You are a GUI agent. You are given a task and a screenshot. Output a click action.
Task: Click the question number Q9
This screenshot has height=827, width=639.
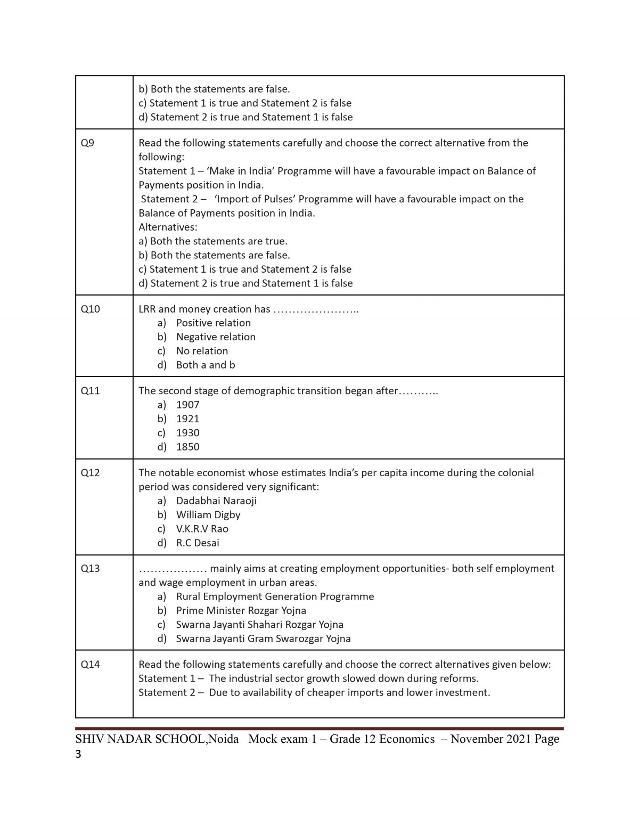87,143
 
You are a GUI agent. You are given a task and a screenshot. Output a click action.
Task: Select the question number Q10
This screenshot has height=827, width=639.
90,309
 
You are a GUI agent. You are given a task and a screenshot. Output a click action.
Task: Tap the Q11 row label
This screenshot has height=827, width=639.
90,390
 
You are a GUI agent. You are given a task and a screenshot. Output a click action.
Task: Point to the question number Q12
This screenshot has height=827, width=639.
90,472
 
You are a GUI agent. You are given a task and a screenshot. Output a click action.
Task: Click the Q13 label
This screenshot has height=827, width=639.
90,568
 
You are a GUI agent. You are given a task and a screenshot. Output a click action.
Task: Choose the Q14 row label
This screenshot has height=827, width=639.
90,664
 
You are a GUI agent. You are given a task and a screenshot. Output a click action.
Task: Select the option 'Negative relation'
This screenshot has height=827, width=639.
216,337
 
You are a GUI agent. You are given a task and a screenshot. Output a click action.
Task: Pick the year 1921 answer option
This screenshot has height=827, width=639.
187,419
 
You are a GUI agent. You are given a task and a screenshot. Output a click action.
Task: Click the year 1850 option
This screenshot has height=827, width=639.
187,447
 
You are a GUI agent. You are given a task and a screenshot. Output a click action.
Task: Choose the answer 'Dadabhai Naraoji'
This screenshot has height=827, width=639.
216,501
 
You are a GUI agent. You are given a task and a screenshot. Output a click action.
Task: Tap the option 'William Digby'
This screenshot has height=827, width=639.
208,514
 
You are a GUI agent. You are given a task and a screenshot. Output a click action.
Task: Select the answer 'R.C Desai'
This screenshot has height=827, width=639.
198,543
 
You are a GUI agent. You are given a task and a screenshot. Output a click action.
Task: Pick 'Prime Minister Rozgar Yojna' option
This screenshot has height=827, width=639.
241,610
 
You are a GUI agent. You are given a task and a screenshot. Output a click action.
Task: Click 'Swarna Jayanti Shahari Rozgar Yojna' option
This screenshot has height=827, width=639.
259,624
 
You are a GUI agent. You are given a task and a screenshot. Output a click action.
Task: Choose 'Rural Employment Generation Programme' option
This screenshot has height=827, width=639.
275,596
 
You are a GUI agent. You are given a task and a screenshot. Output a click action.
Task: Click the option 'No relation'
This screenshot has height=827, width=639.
202,351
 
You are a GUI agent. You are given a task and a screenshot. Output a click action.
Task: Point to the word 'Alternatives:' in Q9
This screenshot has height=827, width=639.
168,227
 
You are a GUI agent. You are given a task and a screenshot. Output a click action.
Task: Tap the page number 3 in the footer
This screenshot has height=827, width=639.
79,754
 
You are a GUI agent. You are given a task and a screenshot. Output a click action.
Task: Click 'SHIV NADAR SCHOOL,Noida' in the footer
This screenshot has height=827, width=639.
157,739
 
